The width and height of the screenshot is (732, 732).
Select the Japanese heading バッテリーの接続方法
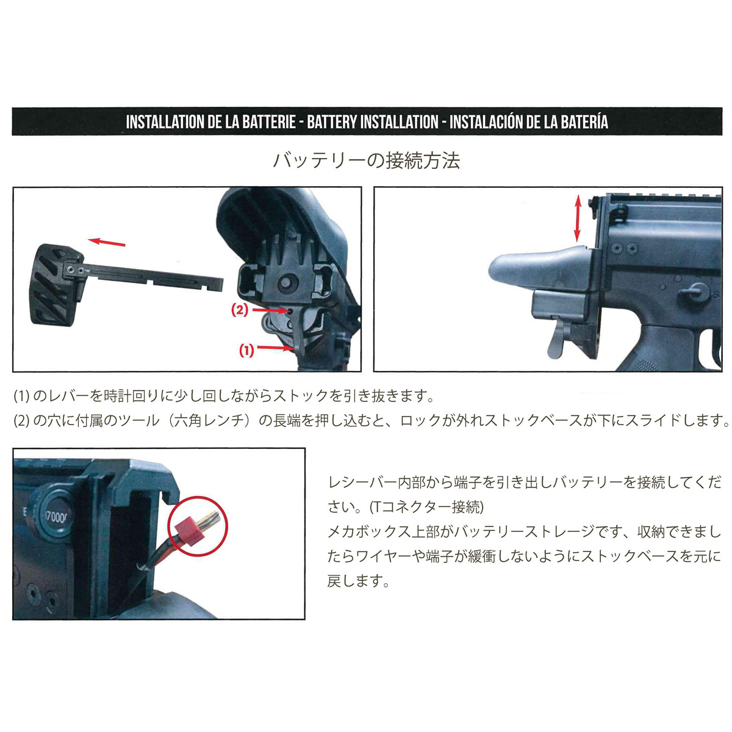coord(366,160)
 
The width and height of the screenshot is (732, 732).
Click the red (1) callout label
coord(246,350)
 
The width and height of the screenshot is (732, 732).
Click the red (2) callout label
coord(240,310)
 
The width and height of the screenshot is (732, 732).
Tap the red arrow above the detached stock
coord(107,242)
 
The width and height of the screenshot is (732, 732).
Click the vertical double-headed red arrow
coord(578,218)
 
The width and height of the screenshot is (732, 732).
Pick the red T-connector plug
coord(190,529)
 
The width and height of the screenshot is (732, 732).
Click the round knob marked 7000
coord(53,517)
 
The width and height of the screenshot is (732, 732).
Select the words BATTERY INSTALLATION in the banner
coord(373,122)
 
